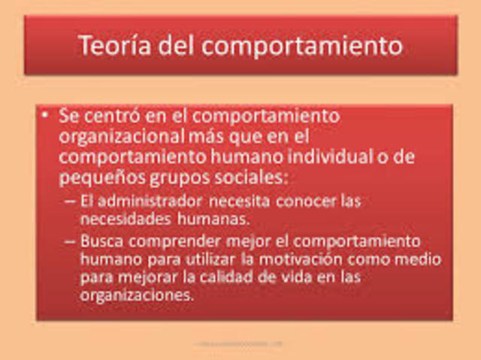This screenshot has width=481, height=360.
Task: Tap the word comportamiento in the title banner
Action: pos(313,47)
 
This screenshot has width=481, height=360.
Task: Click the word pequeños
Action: pos(93,178)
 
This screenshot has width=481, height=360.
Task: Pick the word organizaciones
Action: pos(137,295)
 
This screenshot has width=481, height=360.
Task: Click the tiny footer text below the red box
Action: pos(240,343)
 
